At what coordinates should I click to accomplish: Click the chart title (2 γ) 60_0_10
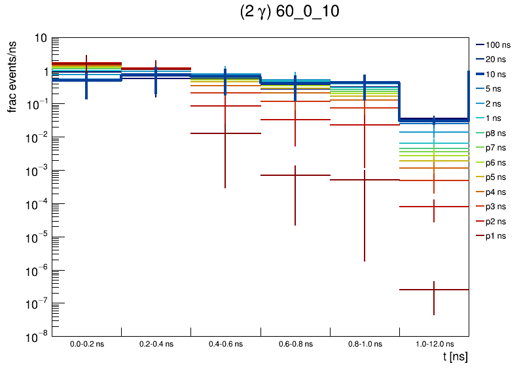pyautogui.click(x=290, y=13)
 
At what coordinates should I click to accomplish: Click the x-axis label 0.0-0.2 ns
pyautogui.click(x=86, y=343)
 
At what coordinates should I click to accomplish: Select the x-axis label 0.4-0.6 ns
pyautogui.click(x=225, y=343)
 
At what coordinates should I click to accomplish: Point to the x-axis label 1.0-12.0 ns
pyautogui.click(x=434, y=343)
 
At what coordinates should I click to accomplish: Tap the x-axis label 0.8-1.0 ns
pyautogui.click(x=365, y=343)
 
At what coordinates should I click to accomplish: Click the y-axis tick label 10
pyautogui.click(x=40, y=39)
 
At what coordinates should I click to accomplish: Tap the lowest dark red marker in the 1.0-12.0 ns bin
pyautogui.click(x=434, y=289)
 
